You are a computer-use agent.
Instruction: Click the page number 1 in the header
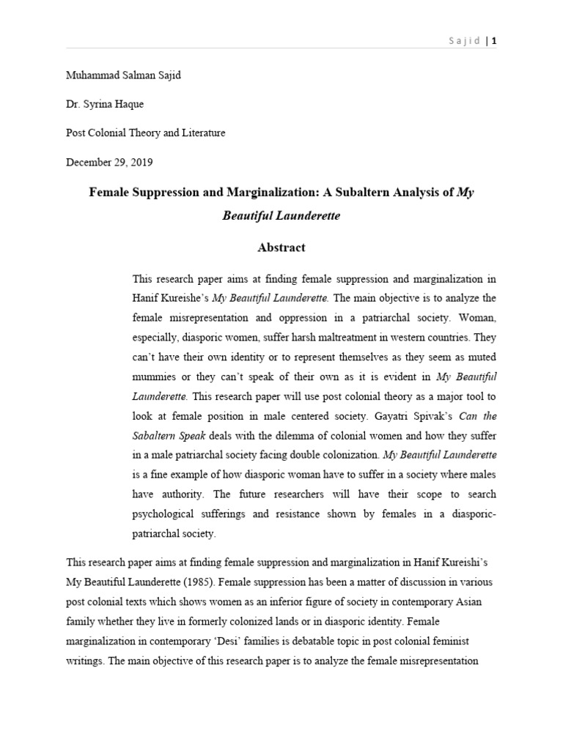coord(495,41)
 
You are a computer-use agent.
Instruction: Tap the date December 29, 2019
coord(110,162)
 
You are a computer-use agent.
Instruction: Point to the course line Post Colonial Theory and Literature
coord(146,133)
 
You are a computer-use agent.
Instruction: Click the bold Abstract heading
coord(281,248)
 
